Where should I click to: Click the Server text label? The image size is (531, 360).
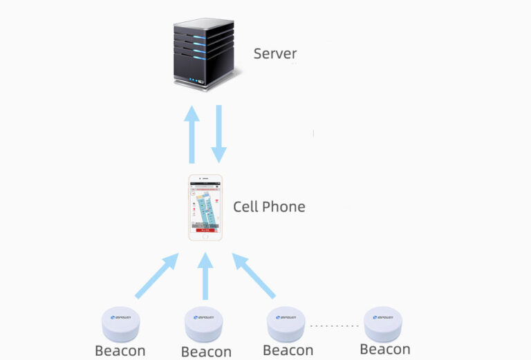click(x=276, y=53)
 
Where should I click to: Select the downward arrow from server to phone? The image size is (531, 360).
click(x=219, y=134)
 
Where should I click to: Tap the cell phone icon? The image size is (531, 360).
click(x=205, y=208)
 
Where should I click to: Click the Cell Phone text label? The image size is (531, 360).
click(x=269, y=207)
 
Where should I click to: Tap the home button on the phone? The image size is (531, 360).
click(x=205, y=236)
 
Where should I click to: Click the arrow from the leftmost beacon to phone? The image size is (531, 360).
click(x=156, y=276)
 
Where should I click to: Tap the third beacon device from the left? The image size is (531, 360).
click(x=286, y=323)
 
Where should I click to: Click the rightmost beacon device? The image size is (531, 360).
click(x=384, y=323)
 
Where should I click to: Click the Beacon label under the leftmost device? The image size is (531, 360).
click(x=120, y=351)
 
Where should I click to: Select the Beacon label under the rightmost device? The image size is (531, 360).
click(x=385, y=349)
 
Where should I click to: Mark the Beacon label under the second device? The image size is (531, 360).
click(x=206, y=352)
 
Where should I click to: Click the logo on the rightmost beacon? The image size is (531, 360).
click(x=384, y=317)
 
